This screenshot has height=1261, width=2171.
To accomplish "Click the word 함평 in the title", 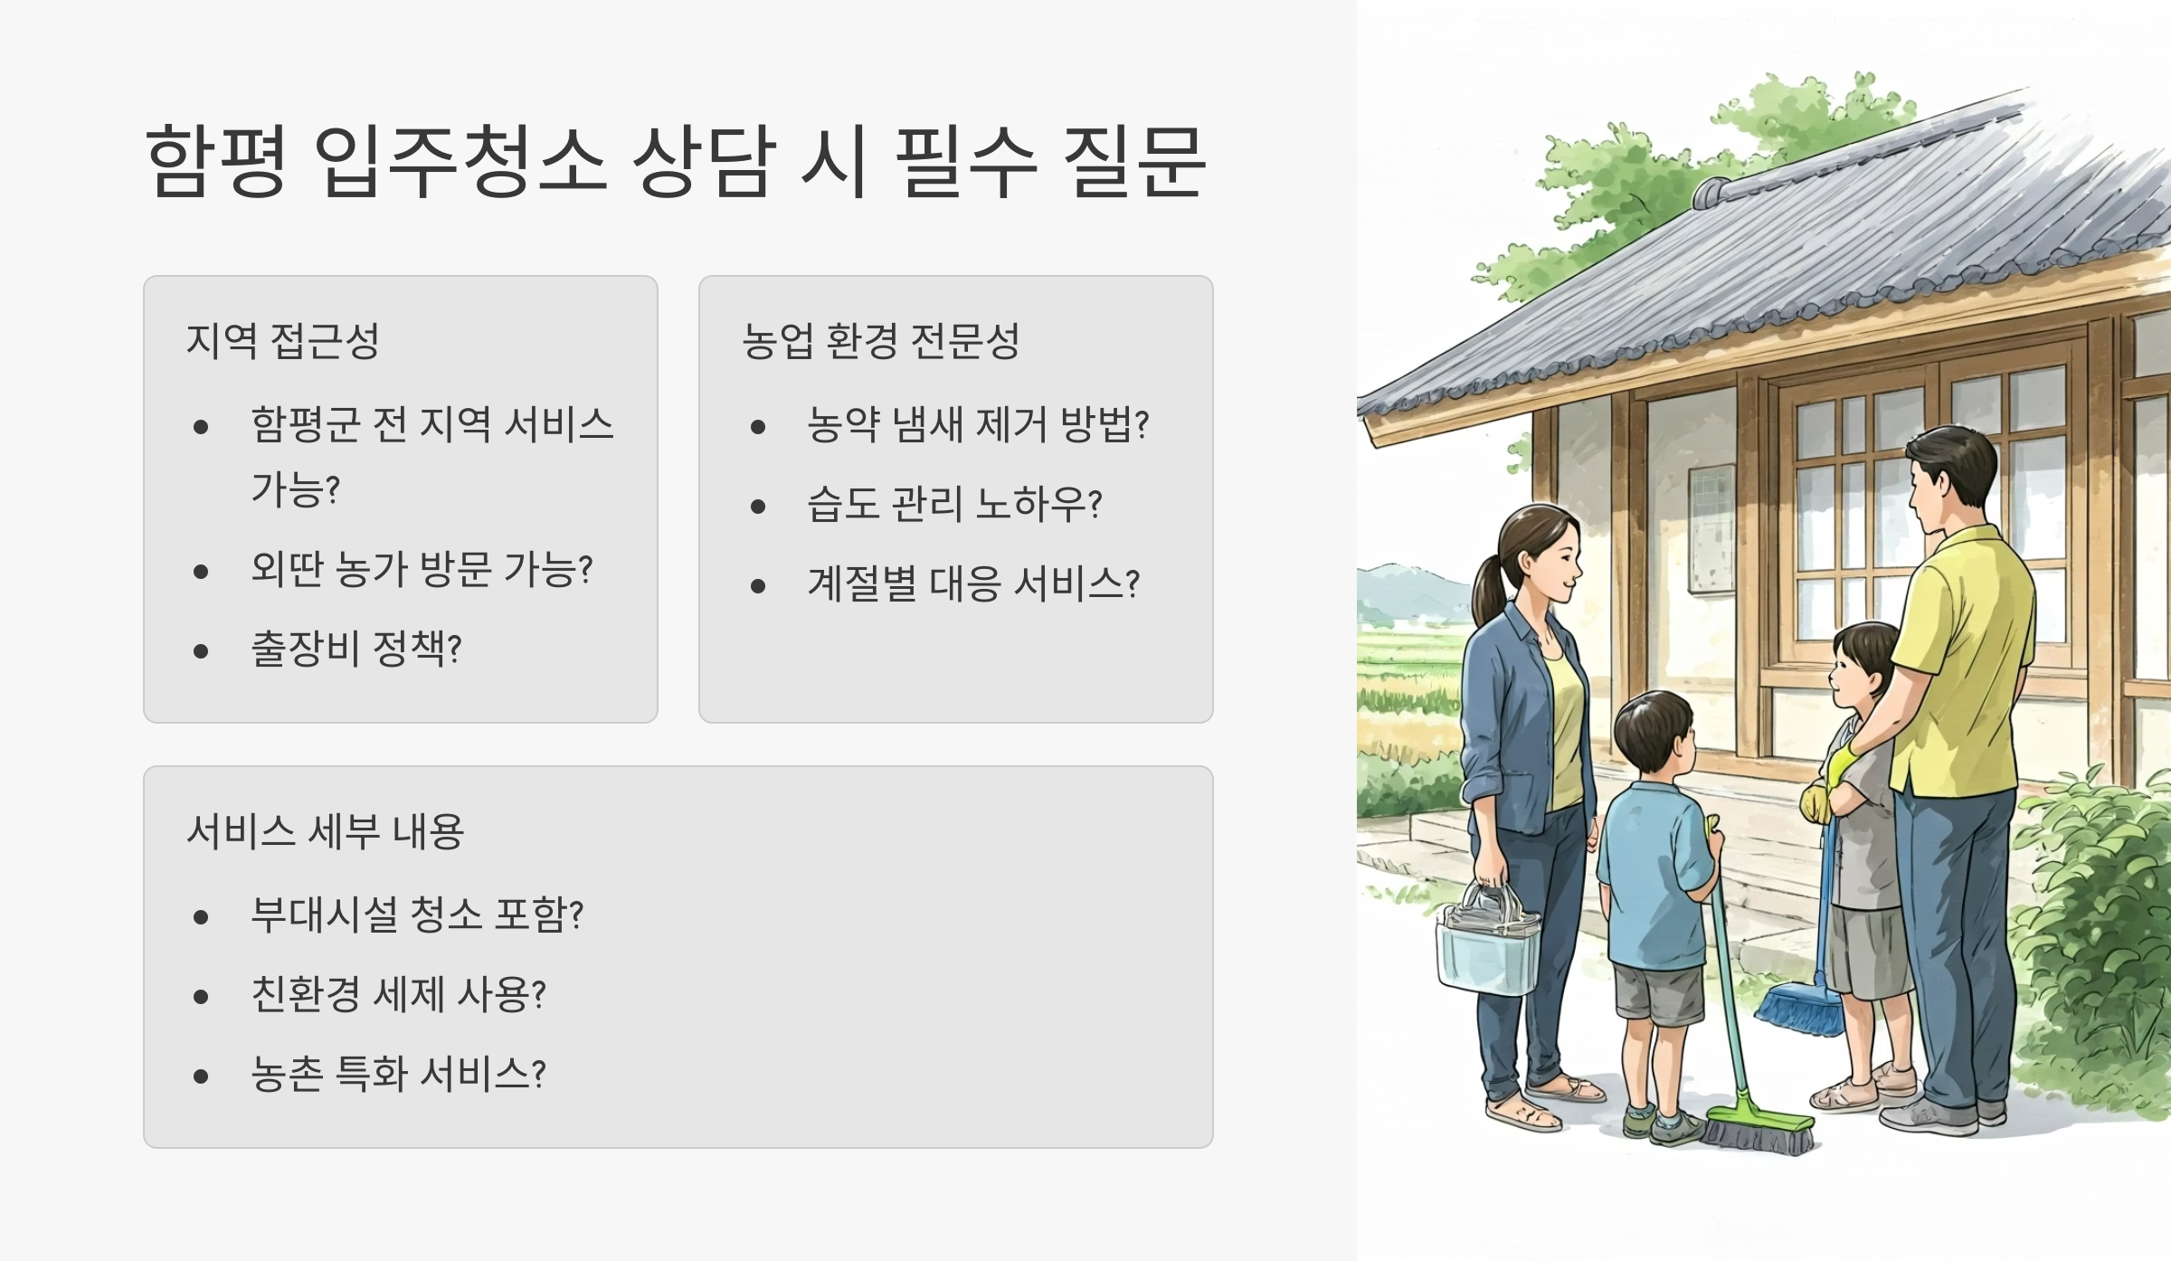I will point(216,161).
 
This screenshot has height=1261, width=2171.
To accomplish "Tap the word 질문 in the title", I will point(1134,161).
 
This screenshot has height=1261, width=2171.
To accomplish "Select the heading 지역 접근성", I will point(282,341).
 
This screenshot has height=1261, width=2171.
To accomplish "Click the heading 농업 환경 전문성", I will point(880,341).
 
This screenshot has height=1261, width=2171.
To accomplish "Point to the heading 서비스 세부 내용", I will point(325,831).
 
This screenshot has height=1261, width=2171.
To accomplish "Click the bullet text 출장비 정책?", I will point(356,649).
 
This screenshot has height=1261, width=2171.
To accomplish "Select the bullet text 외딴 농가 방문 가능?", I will point(422,569).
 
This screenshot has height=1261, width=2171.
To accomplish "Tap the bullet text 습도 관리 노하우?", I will point(954,504).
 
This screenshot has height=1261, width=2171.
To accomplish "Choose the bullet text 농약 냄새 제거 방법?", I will point(977,424).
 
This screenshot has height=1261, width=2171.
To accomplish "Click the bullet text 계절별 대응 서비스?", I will point(973,583).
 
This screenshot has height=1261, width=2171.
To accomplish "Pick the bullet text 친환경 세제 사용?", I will point(398,994).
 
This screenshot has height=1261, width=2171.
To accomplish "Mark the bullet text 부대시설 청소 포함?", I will point(417,915).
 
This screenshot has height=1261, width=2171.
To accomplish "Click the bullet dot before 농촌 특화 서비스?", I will point(201,1076).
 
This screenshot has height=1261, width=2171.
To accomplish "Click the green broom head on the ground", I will point(1759,1130).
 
